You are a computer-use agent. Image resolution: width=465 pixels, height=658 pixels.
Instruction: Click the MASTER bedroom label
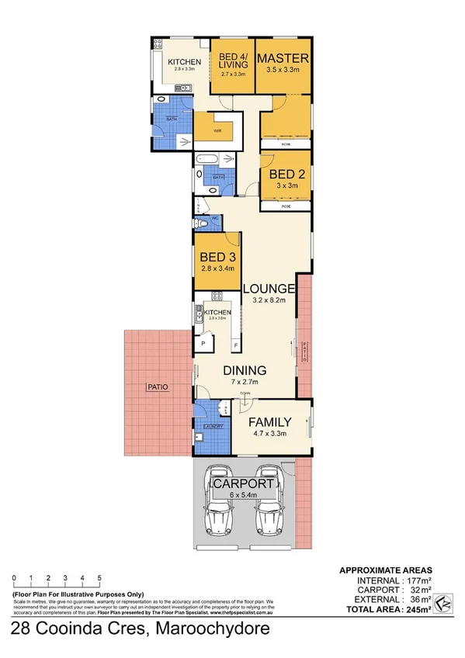coord(283,59)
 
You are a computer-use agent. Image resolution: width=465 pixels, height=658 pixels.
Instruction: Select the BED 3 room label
coord(217,258)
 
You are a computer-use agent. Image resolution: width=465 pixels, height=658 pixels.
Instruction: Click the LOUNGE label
coord(269,289)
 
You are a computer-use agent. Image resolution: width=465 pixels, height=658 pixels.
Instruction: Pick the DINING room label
coord(245,370)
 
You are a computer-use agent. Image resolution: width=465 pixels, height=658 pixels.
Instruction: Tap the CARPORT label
coord(245,484)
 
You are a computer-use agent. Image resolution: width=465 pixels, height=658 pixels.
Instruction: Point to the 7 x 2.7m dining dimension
coord(245,382)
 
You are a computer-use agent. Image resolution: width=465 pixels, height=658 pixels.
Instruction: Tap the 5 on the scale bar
coord(99,578)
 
